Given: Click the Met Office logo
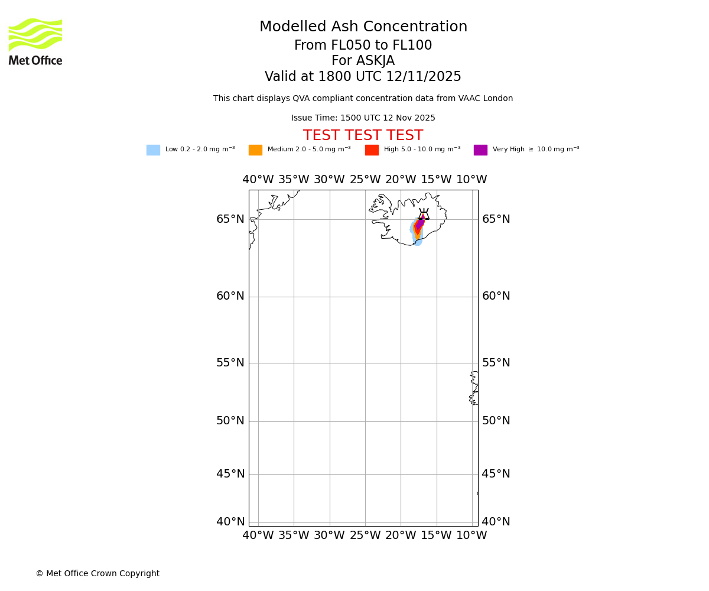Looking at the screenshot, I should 35,41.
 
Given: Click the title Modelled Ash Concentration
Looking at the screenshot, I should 363,27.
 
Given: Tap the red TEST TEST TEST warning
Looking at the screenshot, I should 363,136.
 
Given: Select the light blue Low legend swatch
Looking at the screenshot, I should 153,150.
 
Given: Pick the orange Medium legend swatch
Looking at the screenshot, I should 255,150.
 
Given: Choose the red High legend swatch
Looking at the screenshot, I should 372,150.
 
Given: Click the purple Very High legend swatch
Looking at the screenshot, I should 480,150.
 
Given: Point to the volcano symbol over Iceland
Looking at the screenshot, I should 424,214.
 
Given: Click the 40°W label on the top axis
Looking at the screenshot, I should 258,180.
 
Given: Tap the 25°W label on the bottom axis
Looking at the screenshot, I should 365,535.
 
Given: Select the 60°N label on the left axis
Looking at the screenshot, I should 230,296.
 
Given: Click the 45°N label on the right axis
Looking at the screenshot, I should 496,474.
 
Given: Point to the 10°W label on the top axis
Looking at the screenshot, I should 471,180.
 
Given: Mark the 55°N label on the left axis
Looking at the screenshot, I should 230,363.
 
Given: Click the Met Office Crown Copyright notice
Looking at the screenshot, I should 97,574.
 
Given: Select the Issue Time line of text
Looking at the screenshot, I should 363,118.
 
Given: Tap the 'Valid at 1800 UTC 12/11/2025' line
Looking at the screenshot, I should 363,77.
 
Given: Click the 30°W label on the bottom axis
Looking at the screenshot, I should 329,535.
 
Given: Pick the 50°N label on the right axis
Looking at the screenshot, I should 496,421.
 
